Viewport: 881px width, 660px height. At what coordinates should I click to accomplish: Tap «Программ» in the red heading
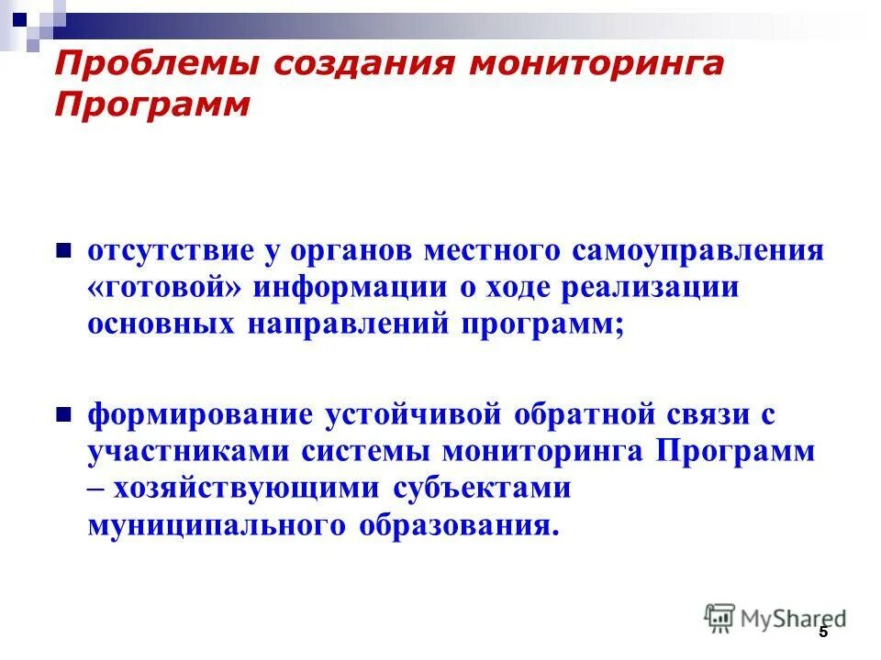point(152,104)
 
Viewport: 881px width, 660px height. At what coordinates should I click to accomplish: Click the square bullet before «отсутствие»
point(64,249)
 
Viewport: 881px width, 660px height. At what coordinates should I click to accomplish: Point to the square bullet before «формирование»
point(64,413)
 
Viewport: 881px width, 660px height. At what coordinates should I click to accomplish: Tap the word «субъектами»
point(483,489)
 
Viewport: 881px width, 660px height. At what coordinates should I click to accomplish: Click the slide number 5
point(823,632)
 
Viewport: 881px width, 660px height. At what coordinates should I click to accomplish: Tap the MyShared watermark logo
point(775,618)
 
